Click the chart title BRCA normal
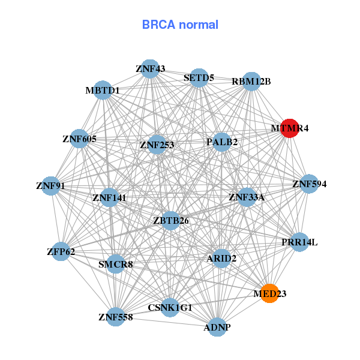tap(180, 25)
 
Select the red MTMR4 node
tap(290, 128)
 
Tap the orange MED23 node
tap(270, 293)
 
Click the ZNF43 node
tap(150, 69)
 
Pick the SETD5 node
tap(199, 77)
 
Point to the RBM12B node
tap(251, 82)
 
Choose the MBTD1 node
tap(103, 91)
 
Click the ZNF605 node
tap(79, 139)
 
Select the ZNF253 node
tap(157, 145)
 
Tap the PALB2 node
tap(222, 142)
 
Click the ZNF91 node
tap(50, 186)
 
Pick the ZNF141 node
tap(109, 197)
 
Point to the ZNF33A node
tap(247, 197)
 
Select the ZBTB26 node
tap(171, 221)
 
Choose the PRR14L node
tap(299, 242)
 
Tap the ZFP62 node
tap(61, 251)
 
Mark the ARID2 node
tap(221, 259)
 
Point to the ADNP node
tap(217, 328)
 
